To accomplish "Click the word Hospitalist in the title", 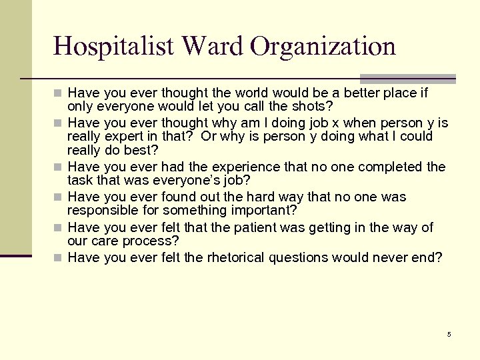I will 113,46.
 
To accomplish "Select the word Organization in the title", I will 323,46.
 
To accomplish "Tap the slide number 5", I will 449,334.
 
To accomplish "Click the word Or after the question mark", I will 209,137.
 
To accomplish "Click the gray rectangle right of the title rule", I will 407,79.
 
